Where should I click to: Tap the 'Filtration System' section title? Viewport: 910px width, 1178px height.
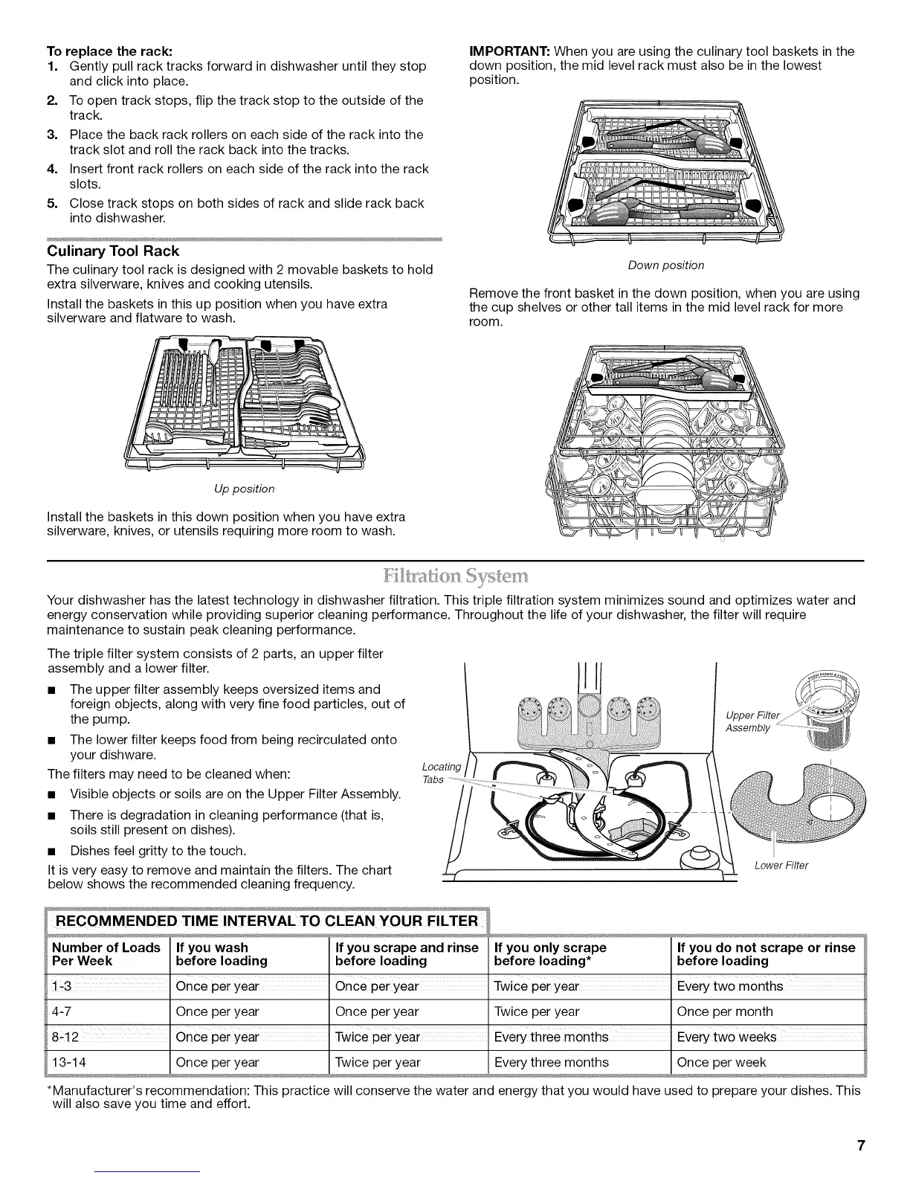455,577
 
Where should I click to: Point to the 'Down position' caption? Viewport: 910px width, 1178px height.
666,265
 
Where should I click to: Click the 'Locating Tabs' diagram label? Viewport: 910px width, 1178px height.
440,773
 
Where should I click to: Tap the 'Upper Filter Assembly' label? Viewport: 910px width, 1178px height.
752,721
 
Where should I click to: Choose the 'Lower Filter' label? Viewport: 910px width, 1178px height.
781,865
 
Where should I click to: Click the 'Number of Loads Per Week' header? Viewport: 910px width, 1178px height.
105,954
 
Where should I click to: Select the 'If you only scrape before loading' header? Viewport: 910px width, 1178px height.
550,954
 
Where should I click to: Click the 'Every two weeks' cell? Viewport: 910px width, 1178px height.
726,1037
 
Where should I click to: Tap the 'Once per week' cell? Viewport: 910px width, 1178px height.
720,1062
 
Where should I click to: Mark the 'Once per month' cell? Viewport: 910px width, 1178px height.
724,1011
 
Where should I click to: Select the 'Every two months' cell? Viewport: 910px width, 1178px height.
729,986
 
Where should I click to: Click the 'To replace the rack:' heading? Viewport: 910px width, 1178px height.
110,51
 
